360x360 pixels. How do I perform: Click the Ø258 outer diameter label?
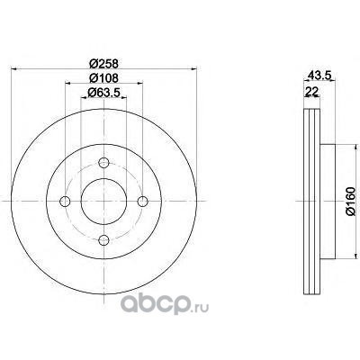(104, 64)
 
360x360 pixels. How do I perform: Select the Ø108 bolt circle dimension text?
(104, 78)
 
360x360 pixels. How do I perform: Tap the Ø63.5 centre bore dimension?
(103, 93)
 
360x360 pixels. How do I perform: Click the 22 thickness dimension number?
(311, 92)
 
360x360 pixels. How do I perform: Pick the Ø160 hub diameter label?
(351, 201)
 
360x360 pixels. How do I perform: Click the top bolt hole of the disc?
(103, 163)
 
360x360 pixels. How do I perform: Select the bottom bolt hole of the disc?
(103, 239)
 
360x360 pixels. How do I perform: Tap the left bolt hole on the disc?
(65, 202)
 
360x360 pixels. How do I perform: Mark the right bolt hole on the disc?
(142, 202)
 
